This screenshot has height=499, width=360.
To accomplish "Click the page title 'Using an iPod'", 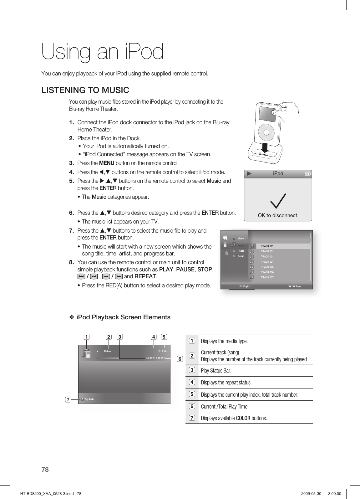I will (x=103, y=52).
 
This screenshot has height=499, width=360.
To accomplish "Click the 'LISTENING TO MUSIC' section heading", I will (x=85, y=90).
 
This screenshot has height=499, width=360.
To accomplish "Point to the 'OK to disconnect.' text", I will (x=278, y=215).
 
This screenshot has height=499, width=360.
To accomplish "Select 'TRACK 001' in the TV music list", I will (x=267, y=246).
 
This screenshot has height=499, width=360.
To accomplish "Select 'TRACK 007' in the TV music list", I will (x=267, y=277).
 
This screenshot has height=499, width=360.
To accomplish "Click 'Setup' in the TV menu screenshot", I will (x=241, y=256).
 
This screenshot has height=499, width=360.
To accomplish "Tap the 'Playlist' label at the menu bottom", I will (x=246, y=286).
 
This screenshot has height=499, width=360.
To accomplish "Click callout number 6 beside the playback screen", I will (x=180, y=358).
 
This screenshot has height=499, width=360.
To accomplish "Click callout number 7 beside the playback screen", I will (x=67, y=399).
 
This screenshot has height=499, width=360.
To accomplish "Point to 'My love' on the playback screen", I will (x=107, y=351).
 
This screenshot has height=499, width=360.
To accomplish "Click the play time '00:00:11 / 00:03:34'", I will (x=157, y=358).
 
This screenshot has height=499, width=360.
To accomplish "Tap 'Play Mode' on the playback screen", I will (x=89, y=399).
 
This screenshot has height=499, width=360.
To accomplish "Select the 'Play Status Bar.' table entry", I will (x=216, y=371).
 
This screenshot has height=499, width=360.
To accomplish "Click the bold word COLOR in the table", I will (x=243, y=418).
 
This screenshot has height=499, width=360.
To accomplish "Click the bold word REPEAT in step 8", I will (x=145, y=276).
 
